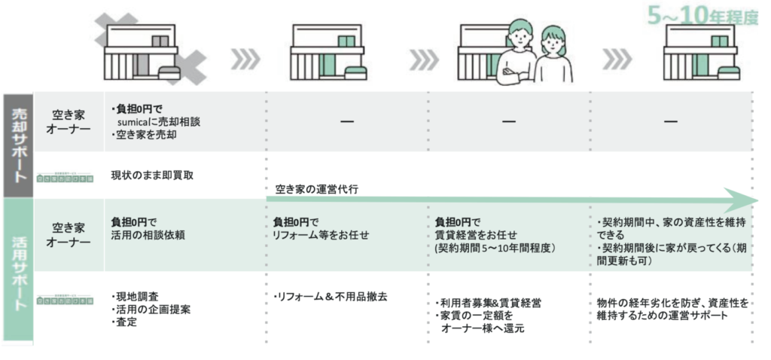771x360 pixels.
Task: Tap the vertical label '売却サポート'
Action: pos(18,144)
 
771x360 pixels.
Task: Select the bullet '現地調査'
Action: pos(136,295)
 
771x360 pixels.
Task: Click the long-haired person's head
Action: pos(553,44)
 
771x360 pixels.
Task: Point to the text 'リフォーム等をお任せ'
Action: pos(322,234)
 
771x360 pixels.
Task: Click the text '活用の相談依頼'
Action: pos(147,234)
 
